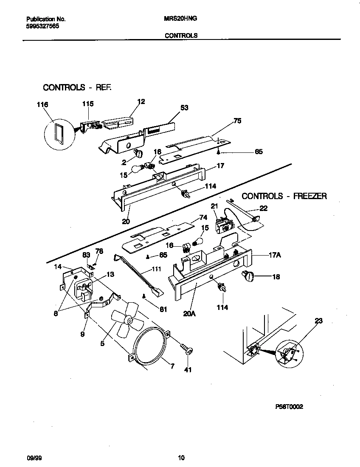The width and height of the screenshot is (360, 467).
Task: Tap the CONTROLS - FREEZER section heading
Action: point(284,196)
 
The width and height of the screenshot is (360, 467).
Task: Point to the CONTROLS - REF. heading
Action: point(77,87)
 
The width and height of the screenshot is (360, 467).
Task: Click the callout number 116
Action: point(42,105)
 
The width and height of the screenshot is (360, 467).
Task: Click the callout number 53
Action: point(184,108)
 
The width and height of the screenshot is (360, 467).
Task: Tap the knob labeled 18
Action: point(247,276)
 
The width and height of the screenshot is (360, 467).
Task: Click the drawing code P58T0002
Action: point(289,406)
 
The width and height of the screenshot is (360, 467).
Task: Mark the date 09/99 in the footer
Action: point(34,458)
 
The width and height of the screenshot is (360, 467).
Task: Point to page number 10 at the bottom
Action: point(181,458)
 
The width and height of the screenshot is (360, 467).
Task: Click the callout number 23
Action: point(318,321)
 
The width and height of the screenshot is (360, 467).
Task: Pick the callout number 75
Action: point(237,121)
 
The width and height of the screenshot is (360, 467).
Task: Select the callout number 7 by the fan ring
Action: point(172,366)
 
